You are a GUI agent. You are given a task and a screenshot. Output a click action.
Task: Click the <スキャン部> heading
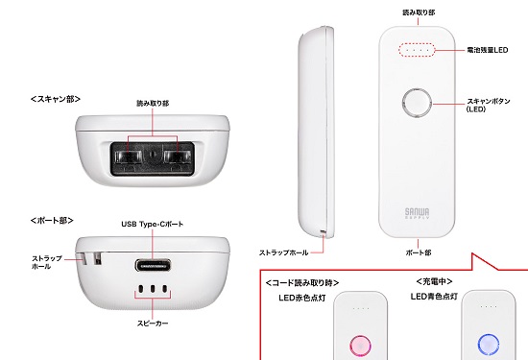(55, 99)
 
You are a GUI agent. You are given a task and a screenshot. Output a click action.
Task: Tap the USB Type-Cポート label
(152, 224)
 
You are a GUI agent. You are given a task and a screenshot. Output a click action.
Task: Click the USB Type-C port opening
(154, 262)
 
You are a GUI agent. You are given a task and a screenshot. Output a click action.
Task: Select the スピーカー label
(154, 324)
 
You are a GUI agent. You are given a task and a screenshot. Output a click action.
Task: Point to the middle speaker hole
(154, 289)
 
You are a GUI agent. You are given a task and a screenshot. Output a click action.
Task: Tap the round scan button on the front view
(417, 104)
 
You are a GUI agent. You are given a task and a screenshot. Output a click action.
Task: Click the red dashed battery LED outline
(417, 49)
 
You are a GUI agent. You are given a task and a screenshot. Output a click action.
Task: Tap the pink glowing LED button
(360, 344)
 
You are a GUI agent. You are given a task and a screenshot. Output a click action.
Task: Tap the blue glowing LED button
(487, 344)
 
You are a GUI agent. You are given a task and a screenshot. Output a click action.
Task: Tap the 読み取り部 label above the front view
(417, 12)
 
